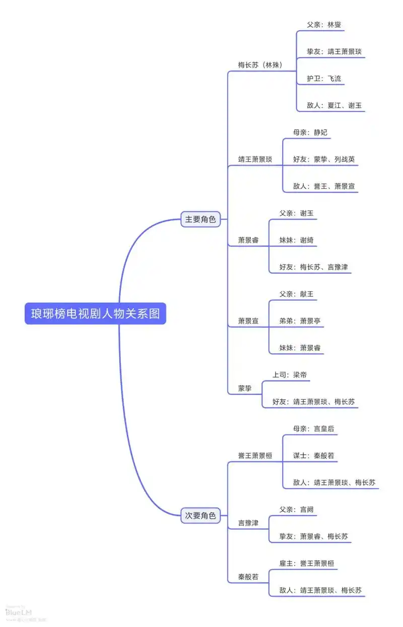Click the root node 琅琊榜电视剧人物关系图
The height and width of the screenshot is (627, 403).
[x=95, y=313]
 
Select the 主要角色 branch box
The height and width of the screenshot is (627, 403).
[x=200, y=219]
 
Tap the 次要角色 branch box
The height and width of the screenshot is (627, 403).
[x=200, y=516]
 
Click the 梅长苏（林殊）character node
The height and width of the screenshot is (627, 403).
[x=260, y=65]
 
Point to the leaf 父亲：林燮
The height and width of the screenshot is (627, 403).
[x=324, y=24]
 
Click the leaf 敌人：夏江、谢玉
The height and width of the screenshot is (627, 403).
[x=334, y=105]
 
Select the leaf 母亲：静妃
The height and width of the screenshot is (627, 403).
[x=310, y=132]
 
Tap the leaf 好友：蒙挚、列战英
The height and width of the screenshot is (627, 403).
[x=324, y=159]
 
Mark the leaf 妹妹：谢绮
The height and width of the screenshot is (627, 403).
[x=296, y=240]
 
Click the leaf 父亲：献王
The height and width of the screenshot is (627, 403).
[x=296, y=294]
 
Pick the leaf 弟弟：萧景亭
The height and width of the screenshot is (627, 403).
[x=300, y=321]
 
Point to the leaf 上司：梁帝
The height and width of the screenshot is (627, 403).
[x=290, y=374]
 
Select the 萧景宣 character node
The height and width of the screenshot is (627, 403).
[x=248, y=321]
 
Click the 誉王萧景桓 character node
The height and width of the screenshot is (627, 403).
[x=255, y=456]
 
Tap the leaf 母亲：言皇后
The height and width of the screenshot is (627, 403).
[x=313, y=428]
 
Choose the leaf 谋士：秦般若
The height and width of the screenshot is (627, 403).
[x=313, y=456]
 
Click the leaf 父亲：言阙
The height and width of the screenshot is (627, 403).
[x=296, y=510]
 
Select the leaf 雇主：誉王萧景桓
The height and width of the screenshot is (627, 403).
[x=306, y=563]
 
